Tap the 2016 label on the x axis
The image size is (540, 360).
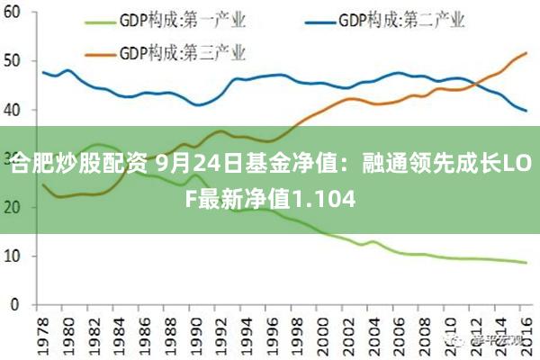tap(526, 329)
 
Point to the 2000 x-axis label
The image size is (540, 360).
tap(323, 329)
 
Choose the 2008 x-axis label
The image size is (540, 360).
tap(425, 329)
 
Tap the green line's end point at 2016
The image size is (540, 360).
tap(526, 263)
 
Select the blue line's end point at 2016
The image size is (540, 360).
tap(526, 111)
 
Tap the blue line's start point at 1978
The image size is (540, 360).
tap(43, 72)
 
